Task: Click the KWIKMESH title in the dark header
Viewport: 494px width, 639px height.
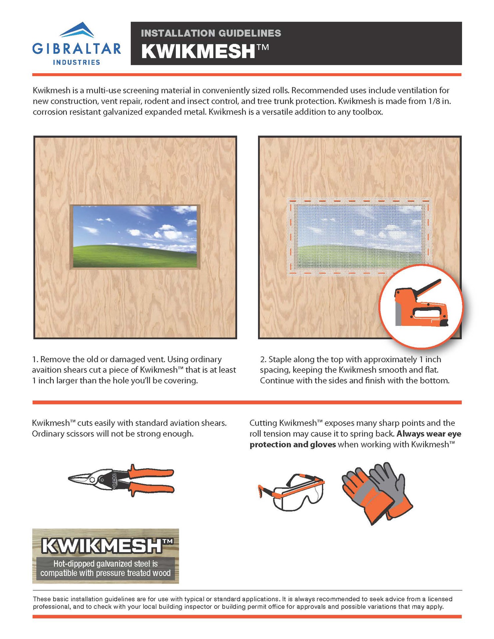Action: click(x=198, y=52)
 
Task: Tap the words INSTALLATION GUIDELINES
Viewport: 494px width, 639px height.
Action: click(x=211, y=33)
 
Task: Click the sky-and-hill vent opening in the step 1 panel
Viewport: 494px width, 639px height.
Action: click(x=135, y=237)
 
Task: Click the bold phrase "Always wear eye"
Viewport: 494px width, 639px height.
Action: click(x=429, y=434)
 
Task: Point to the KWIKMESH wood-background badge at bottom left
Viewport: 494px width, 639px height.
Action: click(x=106, y=556)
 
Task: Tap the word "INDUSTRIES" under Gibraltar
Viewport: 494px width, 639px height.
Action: click(x=77, y=62)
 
